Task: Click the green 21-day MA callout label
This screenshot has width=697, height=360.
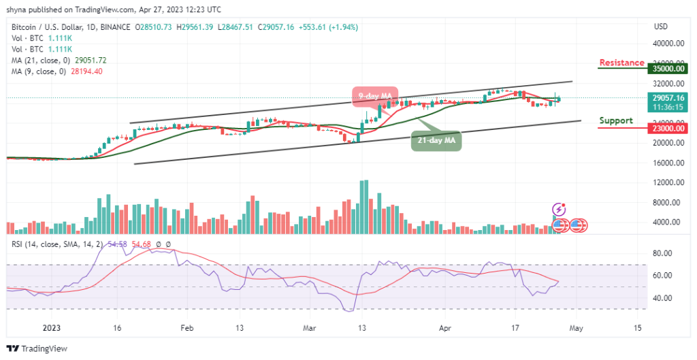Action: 437,142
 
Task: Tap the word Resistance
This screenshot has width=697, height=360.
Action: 621,63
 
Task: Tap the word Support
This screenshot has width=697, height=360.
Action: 616,120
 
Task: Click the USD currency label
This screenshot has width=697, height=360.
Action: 660,27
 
